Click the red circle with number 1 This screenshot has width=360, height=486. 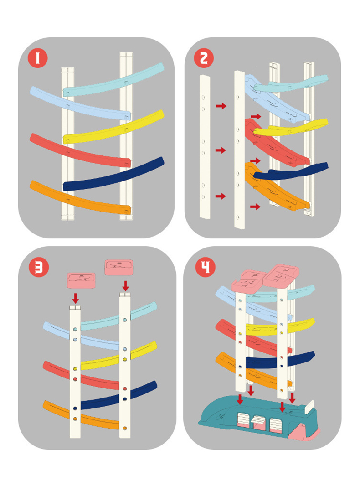tap(38, 58)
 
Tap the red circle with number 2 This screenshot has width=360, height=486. tap(204, 58)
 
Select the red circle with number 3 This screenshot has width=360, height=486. tap(38, 267)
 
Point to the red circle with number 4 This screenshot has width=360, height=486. tap(205, 267)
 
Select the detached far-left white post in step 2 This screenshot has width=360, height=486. tap(205, 147)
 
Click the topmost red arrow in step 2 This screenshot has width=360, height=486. tap(221, 106)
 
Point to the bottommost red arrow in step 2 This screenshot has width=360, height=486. tap(255, 207)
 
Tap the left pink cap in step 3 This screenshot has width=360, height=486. tap(81, 280)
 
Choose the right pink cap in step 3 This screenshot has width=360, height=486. tap(118, 268)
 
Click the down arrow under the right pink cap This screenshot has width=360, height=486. tap(125, 285)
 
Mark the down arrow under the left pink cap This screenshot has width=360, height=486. tap(75, 299)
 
